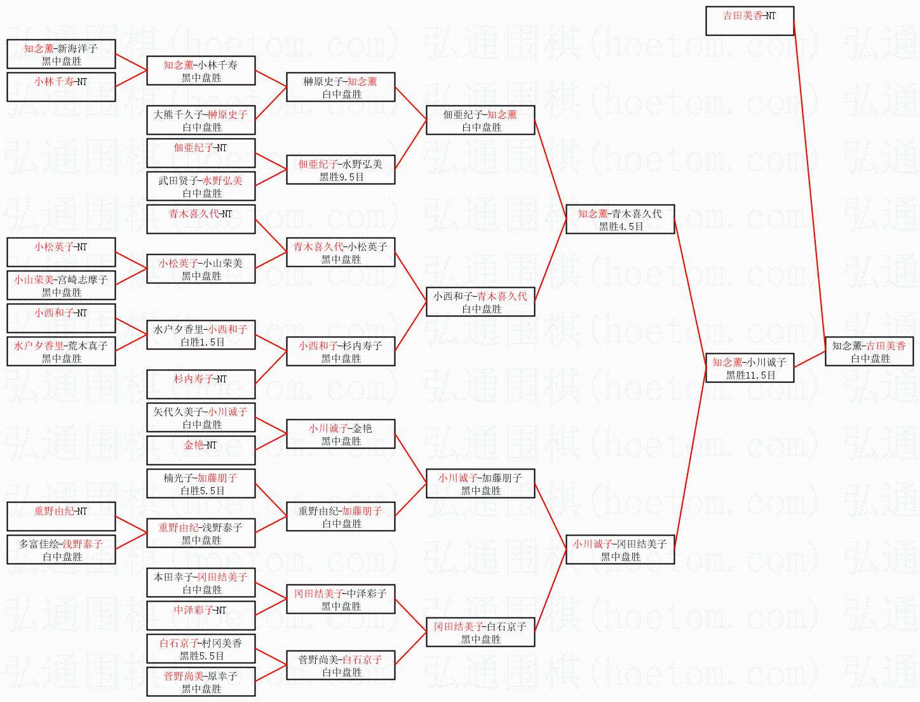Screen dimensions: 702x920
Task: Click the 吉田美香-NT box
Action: click(750, 21)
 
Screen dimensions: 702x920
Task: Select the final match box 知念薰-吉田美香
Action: click(869, 352)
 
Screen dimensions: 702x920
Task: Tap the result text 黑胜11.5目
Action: click(750, 375)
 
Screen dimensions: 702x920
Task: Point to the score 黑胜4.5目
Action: click(620, 227)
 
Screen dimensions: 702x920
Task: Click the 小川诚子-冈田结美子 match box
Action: click(620, 550)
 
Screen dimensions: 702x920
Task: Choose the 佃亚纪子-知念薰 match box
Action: click(480, 120)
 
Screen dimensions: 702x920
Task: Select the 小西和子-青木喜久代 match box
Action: click(480, 302)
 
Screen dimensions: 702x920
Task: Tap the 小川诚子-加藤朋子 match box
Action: click(480, 483)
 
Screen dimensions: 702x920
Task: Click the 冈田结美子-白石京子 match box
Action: click(480, 632)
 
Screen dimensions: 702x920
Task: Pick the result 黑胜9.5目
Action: click(341, 177)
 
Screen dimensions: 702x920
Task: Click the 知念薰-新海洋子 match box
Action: click(61, 54)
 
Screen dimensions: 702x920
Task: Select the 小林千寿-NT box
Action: click(61, 87)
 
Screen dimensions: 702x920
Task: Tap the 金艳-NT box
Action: click(201, 450)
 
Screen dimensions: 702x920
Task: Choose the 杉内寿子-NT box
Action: click(201, 384)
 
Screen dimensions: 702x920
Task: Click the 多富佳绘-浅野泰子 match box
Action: click(61, 550)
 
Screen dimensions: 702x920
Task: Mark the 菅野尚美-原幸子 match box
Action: click(201, 682)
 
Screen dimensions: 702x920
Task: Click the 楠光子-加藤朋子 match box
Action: click(201, 483)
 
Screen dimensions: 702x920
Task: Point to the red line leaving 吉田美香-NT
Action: click(809, 184)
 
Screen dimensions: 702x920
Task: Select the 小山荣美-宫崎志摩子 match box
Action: click(61, 285)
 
